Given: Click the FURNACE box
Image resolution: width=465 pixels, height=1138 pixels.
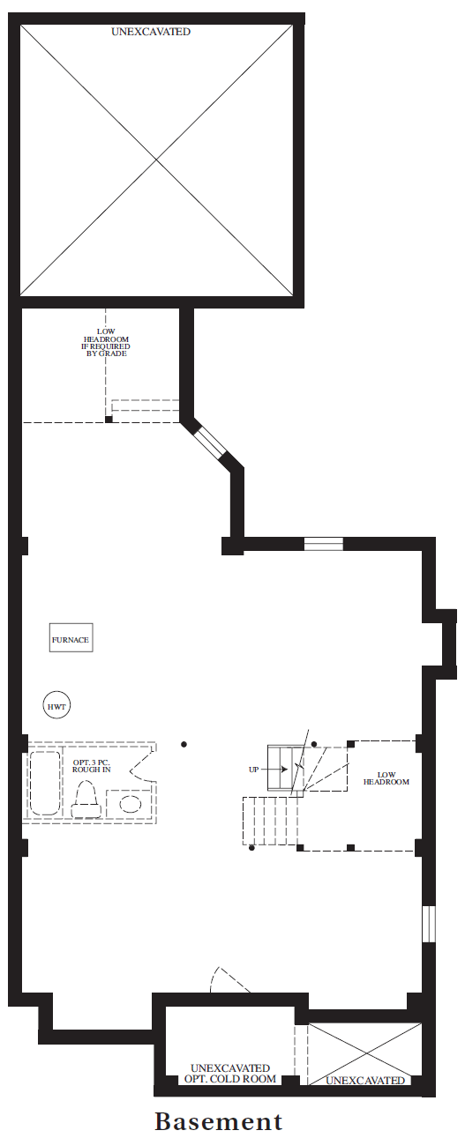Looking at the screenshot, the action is [x=71, y=637].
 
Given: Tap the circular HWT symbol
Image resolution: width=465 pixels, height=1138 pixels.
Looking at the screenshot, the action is [x=57, y=706].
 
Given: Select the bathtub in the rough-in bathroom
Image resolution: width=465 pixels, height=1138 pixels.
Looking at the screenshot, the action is [x=45, y=784].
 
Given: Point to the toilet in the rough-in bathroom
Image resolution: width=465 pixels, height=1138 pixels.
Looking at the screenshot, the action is [x=85, y=800].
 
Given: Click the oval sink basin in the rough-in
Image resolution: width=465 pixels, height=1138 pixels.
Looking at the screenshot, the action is [x=131, y=804].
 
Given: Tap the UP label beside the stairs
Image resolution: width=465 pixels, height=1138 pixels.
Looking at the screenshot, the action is [x=253, y=770].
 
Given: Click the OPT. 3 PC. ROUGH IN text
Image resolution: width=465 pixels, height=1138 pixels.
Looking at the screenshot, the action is [x=92, y=766].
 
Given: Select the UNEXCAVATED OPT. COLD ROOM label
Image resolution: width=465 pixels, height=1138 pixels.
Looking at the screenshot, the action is [x=230, y=1074].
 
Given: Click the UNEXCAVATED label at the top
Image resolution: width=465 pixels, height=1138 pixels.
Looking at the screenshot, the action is [x=151, y=32].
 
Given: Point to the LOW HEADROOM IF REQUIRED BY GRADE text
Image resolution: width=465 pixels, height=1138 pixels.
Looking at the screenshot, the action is [x=106, y=342].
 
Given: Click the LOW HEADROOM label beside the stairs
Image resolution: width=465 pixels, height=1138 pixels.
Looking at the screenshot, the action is [x=386, y=778].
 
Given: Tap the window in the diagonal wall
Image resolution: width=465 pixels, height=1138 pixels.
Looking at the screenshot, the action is [x=209, y=440].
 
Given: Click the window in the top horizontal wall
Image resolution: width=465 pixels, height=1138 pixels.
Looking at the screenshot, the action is [x=324, y=544].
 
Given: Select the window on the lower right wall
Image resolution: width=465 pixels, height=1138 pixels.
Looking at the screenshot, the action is [x=430, y=924].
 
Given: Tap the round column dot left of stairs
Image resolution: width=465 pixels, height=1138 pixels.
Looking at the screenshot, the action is [x=184, y=744].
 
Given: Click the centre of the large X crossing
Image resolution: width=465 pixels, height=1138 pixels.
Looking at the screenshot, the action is [x=156, y=160].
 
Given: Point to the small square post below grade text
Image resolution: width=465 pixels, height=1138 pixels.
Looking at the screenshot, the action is [x=109, y=419].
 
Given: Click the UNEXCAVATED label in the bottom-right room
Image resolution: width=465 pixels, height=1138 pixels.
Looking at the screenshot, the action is [x=365, y=1080].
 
